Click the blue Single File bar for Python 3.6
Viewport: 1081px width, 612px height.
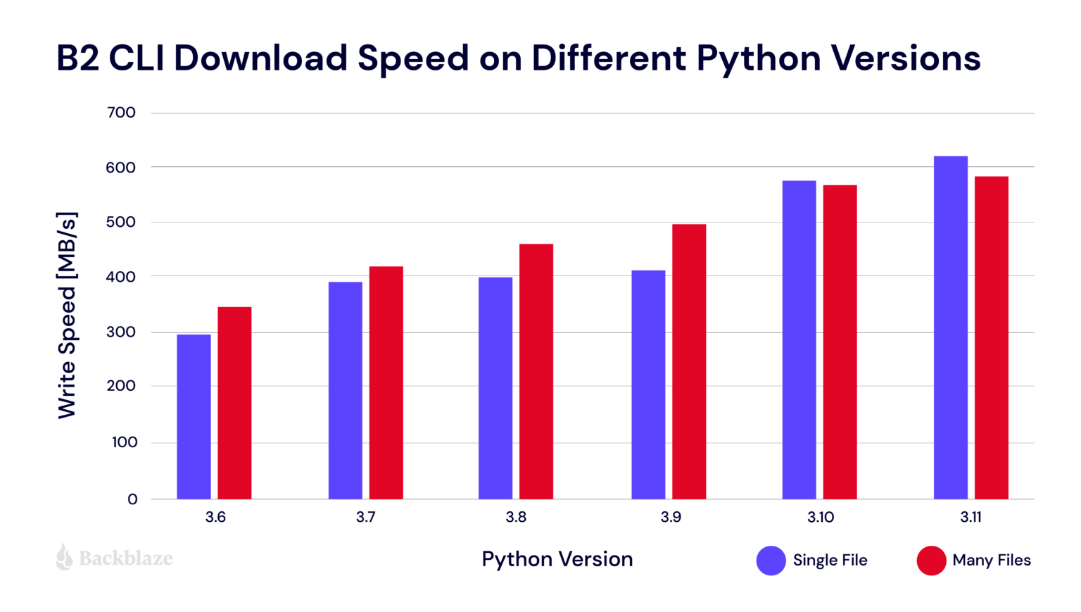[194, 416]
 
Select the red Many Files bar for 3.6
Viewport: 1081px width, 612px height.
[234, 403]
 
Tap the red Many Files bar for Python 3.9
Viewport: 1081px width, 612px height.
[689, 361]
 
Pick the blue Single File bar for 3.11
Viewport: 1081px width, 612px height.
[950, 327]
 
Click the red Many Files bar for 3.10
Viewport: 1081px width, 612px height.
[840, 342]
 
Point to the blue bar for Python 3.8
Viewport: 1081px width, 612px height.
[495, 388]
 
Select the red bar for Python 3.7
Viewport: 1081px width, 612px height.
[386, 382]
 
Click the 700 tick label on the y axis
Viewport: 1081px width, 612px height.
[122, 113]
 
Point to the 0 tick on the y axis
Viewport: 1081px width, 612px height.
[132, 499]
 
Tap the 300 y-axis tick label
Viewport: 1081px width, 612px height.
[122, 332]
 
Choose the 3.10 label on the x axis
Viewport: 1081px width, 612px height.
[821, 518]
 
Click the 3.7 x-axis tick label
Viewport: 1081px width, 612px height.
[365, 518]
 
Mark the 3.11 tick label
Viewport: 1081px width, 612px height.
[971, 518]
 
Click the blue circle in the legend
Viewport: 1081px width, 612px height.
[771, 561]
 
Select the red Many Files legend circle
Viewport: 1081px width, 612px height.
[931, 561]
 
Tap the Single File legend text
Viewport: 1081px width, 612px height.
[830, 561]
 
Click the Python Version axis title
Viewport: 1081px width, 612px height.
[557, 559]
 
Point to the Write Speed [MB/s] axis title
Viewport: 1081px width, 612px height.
[67, 315]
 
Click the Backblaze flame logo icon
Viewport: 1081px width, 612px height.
[64, 557]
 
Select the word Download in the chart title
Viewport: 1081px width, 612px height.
[261, 58]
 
